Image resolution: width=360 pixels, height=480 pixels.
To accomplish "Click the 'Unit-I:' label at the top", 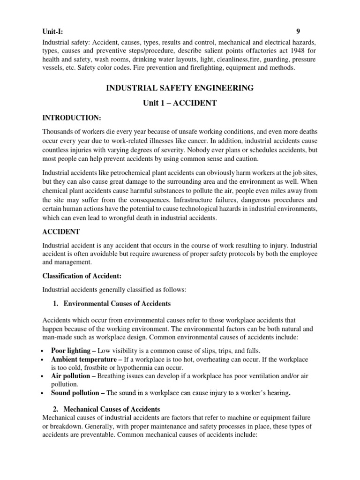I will (x=52, y=32).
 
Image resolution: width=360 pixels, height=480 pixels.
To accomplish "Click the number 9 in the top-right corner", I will (x=298, y=32).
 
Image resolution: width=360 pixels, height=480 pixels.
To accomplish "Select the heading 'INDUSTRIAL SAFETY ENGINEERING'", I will (x=180, y=88).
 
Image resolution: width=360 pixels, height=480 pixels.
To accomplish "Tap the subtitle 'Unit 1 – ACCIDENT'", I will (x=180, y=103).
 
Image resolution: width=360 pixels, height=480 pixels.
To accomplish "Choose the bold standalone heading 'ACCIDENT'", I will (x=61, y=232).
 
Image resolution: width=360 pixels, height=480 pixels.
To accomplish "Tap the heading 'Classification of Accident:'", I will (x=82, y=276).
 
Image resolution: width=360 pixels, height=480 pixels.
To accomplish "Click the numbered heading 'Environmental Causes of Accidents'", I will (x=117, y=304).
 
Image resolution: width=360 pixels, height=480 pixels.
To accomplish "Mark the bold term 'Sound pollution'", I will (x=75, y=393).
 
